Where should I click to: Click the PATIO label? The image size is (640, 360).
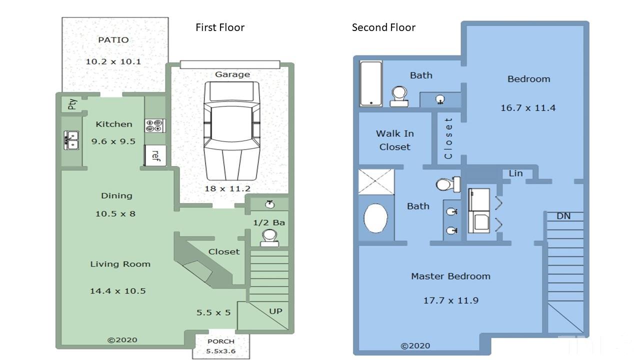click(113, 39)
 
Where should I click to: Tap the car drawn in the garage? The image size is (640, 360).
click(231, 131)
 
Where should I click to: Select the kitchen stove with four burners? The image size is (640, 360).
click(155, 125)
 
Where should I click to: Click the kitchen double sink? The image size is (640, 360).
click(71, 140)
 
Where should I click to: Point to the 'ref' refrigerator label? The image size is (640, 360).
click(155, 155)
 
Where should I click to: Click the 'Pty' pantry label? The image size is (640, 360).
click(72, 104)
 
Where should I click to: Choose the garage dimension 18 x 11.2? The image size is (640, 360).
click(227, 188)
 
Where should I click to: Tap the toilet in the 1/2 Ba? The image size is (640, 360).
click(269, 238)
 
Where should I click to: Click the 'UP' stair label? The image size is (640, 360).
click(275, 311)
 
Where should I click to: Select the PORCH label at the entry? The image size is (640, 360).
click(221, 341)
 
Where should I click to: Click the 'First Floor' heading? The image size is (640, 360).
click(220, 27)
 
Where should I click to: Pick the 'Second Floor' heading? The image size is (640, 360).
click(383, 27)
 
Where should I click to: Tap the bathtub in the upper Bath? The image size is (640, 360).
click(371, 83)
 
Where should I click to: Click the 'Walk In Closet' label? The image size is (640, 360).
click(395, 140)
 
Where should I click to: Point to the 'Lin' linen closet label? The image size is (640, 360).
click(515, 173)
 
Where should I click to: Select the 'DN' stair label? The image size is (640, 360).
click(563, 216)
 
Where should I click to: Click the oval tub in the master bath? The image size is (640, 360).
click(375, 218)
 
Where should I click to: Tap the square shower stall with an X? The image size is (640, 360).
click(376, 181)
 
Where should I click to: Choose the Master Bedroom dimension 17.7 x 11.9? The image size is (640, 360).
click(451, 300)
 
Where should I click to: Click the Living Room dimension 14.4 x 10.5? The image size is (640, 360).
click(117, 291)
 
